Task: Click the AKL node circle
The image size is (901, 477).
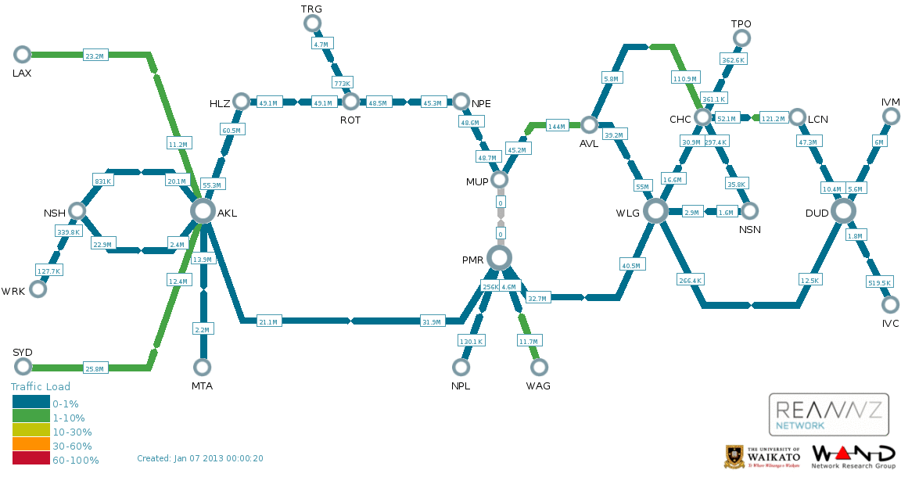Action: tap(203, 211)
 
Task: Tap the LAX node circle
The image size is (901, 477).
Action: tap(22, 55)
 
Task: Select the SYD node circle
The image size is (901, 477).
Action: tap(23, 366)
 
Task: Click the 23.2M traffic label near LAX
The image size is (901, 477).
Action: tap(95, 56)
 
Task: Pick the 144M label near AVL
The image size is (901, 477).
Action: tap(556, 126)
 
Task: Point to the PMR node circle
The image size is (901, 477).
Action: tap(499, 258)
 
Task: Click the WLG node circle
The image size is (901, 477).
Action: tap(655, 211)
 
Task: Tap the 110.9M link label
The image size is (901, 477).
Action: tap(684, 78)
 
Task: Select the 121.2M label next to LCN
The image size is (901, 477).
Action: tap(774, 118)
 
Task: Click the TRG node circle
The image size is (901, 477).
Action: tap(312, 23)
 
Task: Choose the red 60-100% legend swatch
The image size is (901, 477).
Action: tap(31, 458)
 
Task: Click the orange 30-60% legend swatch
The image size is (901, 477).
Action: tap(31, 444)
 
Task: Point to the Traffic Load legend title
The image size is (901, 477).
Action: tap(40, 386)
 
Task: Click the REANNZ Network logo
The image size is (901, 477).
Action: tap(828, 415)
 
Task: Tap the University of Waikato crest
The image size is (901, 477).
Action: tap(734, 457)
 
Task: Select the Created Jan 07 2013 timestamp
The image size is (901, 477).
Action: tap(200, 458)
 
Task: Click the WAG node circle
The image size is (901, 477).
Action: tap(538, 367)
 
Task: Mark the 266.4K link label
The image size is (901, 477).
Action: tap(690, 281)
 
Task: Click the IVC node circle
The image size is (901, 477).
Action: tap(890, 305)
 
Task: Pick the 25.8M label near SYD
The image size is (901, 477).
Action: tap(94, 368)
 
